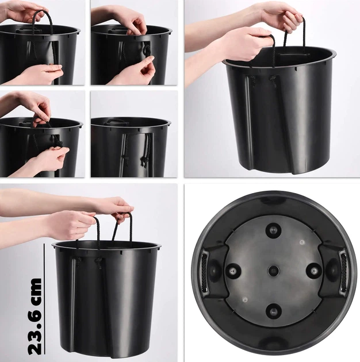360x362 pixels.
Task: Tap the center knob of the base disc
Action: click(x=274, y=270)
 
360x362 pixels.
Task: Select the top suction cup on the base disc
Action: click(x=274, y=230)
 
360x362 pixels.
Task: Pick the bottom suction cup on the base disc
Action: click(x=273, y=311)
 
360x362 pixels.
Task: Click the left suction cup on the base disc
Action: click(x=233, y=271)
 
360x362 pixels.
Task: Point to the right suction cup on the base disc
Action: click(x=314, y=270)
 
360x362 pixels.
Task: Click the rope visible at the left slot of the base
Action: click(x=205, y=272)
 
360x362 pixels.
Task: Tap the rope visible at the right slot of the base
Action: click(x=343, y=272)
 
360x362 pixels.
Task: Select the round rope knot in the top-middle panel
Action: click(x=147, y=50)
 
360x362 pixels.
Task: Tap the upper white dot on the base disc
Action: click(x=302, y=242)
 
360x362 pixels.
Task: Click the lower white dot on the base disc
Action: click(x=245, y=299)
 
